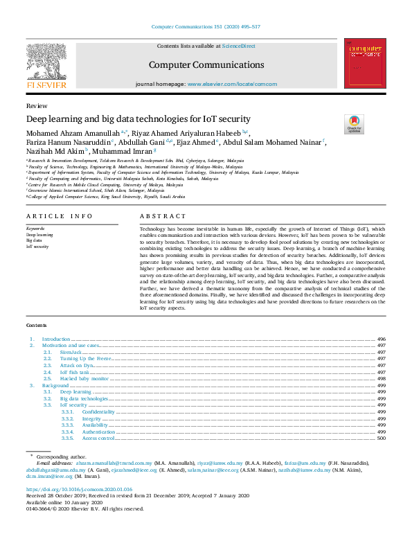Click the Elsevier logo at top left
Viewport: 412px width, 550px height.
pos(46,64)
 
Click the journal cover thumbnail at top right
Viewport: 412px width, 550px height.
pos(364,64)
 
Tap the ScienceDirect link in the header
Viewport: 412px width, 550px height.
pos(238,46)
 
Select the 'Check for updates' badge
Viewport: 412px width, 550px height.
pos(354,124)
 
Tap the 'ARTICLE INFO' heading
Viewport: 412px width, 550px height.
pos(59,217)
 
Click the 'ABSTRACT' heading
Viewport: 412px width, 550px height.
pos(159,217)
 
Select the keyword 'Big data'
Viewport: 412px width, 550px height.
pos(33,240)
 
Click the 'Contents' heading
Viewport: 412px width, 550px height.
pos(36,324)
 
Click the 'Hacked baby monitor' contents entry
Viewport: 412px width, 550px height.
pos(84,379)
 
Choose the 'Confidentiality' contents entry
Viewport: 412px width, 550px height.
pos(99,411)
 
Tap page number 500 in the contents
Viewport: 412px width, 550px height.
pos(382,438)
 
